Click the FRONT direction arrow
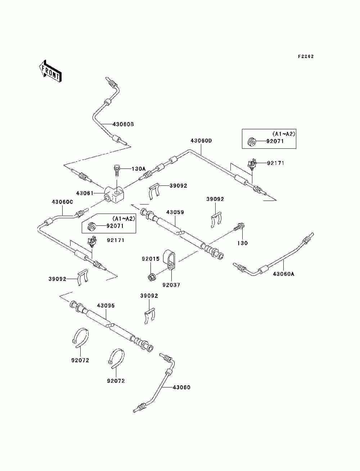50,71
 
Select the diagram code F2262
306,57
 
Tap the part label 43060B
123,124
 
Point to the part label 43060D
201,141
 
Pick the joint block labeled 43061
114,195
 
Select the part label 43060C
62,202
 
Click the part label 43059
175,212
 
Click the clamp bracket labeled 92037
169,260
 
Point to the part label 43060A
283,274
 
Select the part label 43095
106,306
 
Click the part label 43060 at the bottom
181,387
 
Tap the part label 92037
171,285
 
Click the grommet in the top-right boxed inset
251,142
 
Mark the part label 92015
150,259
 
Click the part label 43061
85,193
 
